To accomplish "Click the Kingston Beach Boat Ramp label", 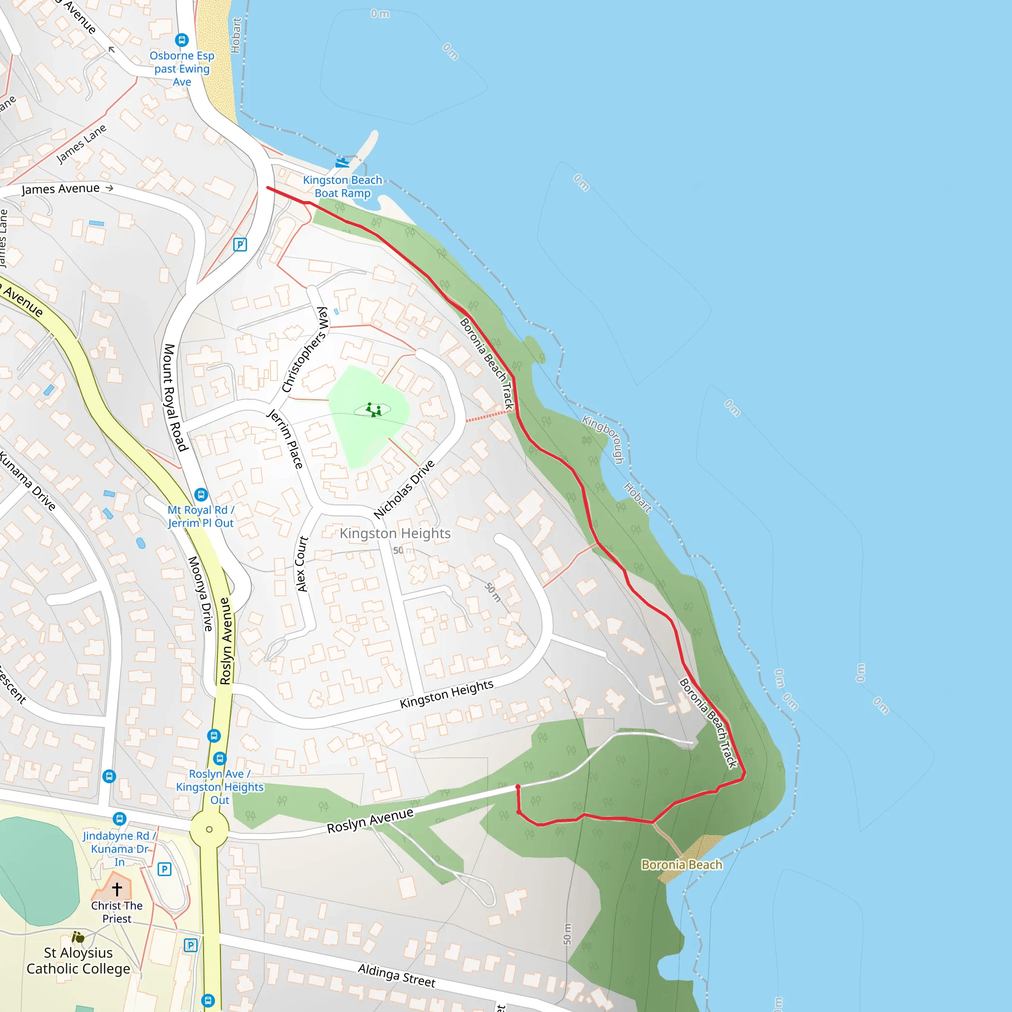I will pyautogui.click(x=342, y=186).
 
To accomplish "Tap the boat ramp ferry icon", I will pyautogui.click(x=341, y=163).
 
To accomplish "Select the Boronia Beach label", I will pyautogui.click(x=681, y=865).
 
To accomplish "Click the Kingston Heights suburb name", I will pyautogui.click(x=395, y=533).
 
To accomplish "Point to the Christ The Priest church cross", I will pyautogui.click(x=117, y=889).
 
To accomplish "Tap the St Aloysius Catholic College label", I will pyautogui.click(x=79, y=961).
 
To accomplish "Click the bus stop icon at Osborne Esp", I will pyautogui.click(x=182, y=40).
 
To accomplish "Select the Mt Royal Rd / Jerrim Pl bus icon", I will pyautogui.click(x=201, y=495).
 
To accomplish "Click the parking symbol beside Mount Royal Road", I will pyautogui.click(x=240, y=245).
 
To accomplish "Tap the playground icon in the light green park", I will pyautogui.click(x=373, y=410).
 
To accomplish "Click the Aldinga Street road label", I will pyautogui.click(x=396, y=976).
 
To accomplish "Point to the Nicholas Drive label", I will pyautogui.click(x=404, y=489).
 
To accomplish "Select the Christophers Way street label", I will pyautogui.click(x=305, y=349).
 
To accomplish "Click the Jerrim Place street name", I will pyautogui.click(x=285, y=438).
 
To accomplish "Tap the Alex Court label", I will pyautogui.click(x=302, y=564).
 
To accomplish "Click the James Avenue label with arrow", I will pyautogui.click(x=67, y=189).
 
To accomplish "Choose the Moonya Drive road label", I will pyautogui.click(x=201, y=593).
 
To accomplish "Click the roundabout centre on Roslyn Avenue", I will pyautogui.click(x=209, y=829).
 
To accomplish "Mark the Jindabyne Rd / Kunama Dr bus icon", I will pyautogui.click(x=120, y=818).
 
